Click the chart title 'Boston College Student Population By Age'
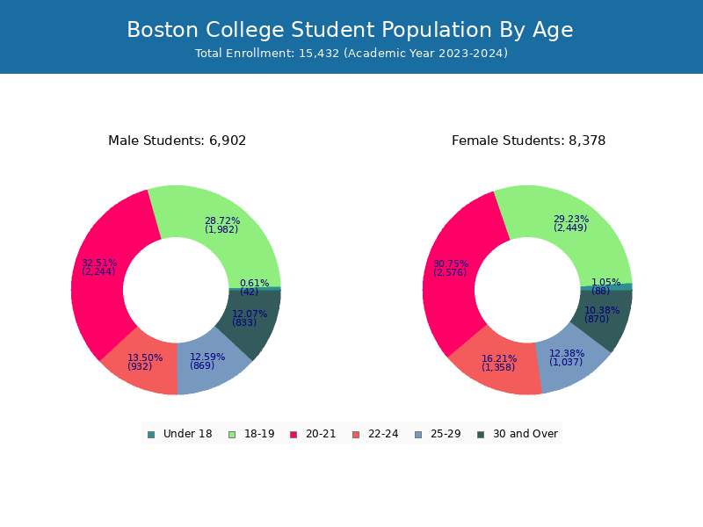350,31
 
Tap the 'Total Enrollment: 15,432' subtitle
351,54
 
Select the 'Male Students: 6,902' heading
178,141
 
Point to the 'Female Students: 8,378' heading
529,141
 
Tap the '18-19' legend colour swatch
232,434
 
